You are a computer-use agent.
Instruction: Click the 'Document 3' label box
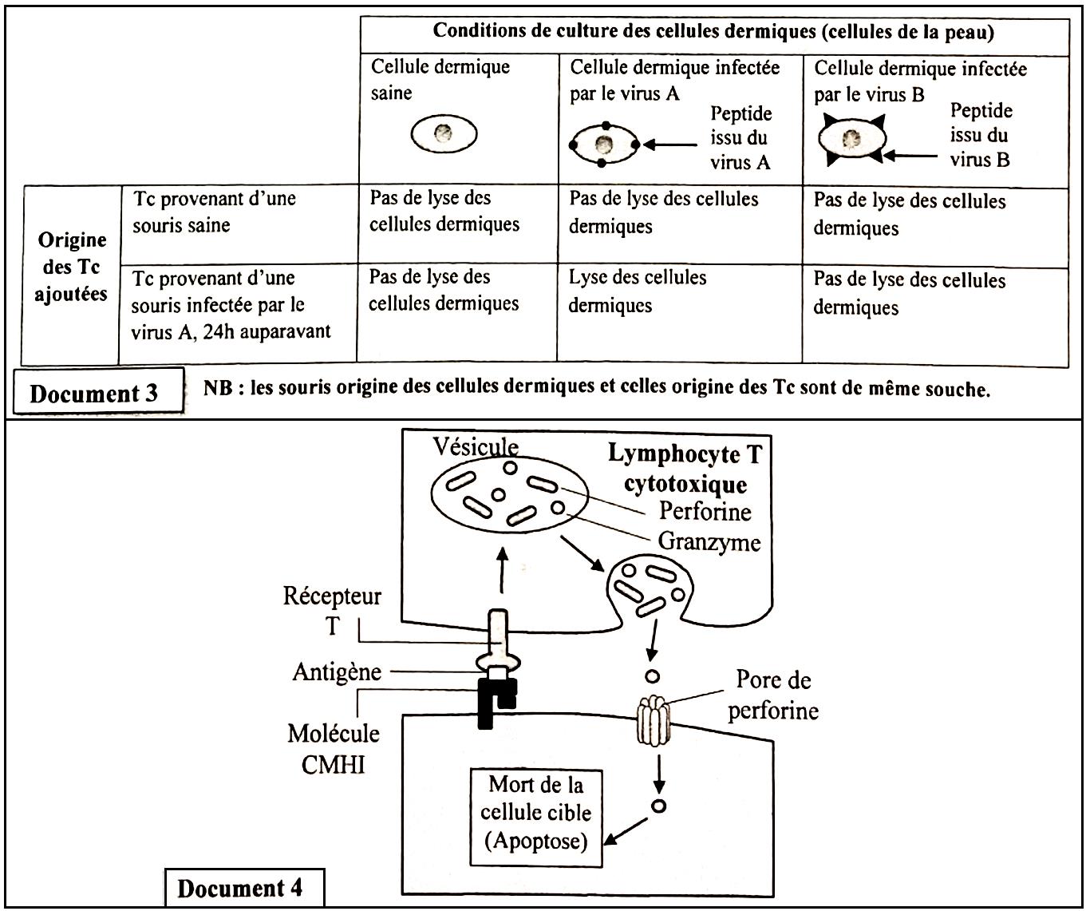point(94,394)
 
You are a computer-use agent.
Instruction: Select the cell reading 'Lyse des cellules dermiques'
point(638,291)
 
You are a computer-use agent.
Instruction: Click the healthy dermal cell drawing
point(444,133)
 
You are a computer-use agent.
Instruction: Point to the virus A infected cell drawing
point(604,145)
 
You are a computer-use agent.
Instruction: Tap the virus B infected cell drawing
point(851,139)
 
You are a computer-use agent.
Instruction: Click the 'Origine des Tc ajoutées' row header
point(72,267)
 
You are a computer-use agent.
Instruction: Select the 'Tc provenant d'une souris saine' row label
point(215,212)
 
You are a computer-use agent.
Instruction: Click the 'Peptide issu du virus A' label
point(741,138)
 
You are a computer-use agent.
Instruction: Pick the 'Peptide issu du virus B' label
point(981,136)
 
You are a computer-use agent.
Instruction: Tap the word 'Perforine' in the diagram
point(705,511)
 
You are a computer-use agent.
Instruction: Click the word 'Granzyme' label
point(709,542)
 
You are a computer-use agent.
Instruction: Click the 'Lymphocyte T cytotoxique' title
point(685,469)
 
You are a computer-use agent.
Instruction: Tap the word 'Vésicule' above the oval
point(476,447)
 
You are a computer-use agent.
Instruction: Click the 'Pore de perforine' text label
point(772,695)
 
